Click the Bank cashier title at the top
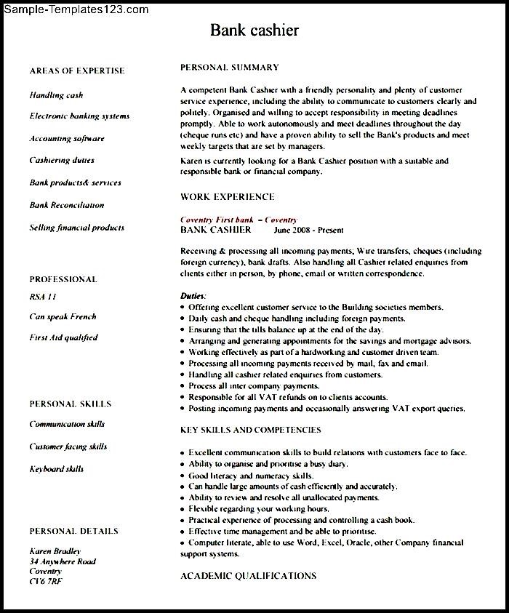click(x=254, y=31)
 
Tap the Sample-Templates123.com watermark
click(x=75, y=9)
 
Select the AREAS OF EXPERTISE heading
click(x=76, y=71)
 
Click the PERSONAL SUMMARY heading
click(x=229, y=68)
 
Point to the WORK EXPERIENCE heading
click(x=227, y=196)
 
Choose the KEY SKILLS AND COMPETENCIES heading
click(x=250, y=430)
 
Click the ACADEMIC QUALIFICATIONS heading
click(x=248, y=575)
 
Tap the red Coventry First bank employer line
click(x=239, y=220)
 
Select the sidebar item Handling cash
click(x=56, y=95)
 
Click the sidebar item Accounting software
click(x=67, y=138)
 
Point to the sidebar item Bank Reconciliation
click(x=66, y=205)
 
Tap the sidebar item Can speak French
click(x=63, y=316)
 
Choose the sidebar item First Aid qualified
click(x=63, y=337)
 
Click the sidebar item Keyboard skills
click(x=56, y=469)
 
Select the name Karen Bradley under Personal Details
click(x=55, y=551)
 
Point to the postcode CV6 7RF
click(x=46, y=582)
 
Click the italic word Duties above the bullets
click(x=193, y=297)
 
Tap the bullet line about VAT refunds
click(x=288, y=398)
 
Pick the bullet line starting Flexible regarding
click(x=258, y=509)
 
